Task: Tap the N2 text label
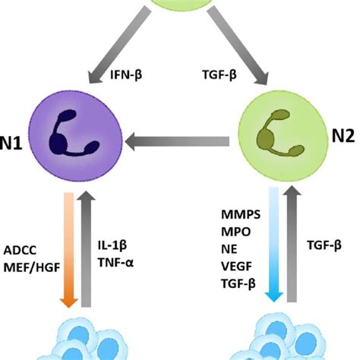(x=343, y=137)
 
